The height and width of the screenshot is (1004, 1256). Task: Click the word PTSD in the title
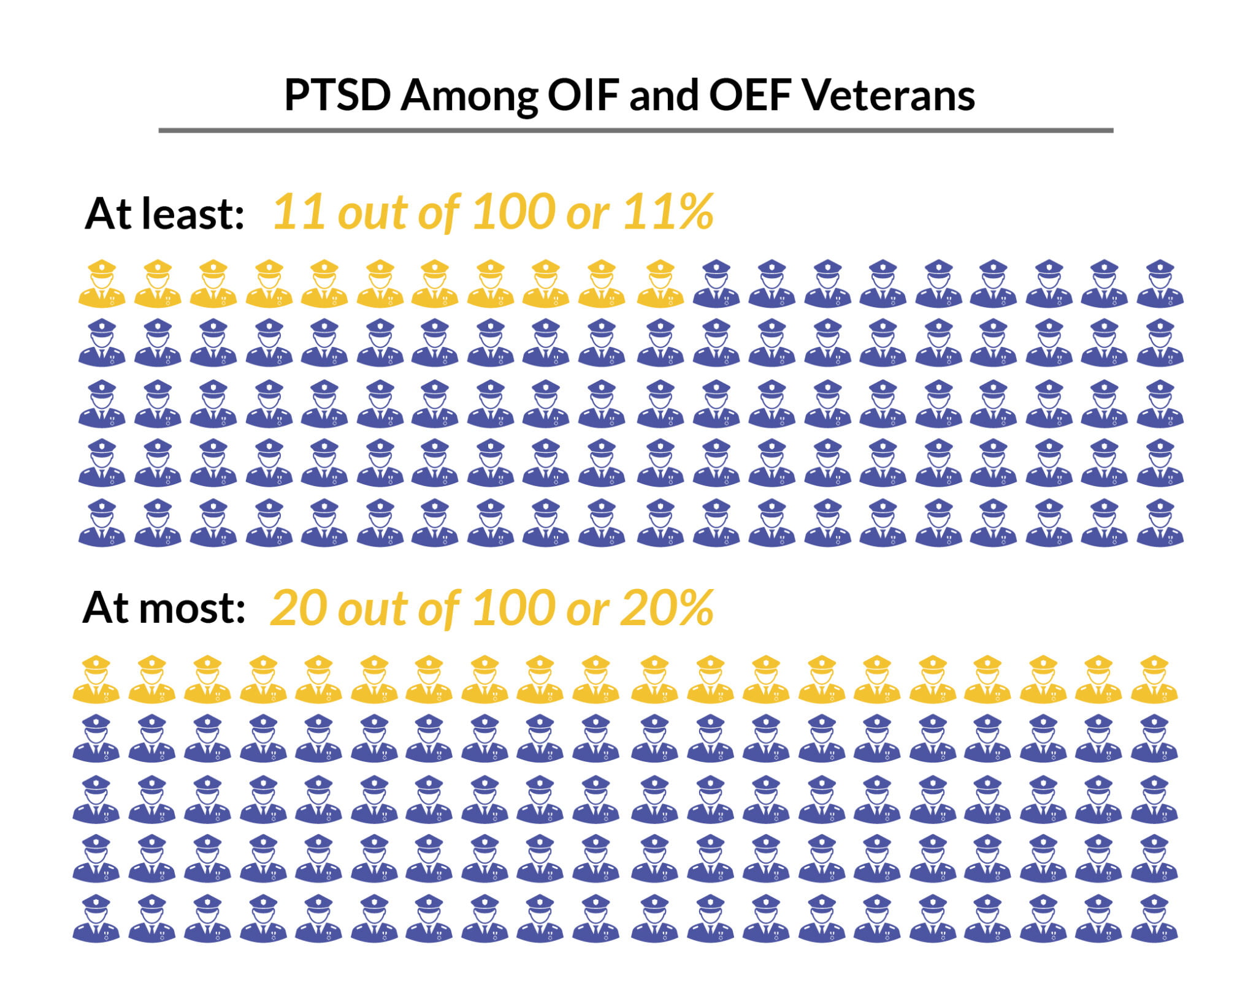click(338, 96)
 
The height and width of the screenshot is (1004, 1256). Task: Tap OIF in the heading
click(583, 96)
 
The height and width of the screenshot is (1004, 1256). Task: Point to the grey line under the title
click(635, 131)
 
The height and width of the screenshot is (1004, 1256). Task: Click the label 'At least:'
click(164, 214)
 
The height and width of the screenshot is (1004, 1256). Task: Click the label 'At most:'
click(164, 608)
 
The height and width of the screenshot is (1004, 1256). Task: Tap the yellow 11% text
click(668, 212)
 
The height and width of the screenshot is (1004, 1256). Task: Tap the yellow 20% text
click(667, 608)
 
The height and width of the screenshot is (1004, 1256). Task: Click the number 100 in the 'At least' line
click(513, 212)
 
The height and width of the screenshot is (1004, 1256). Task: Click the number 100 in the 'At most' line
click(513, 608)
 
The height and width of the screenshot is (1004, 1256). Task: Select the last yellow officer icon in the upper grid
click(660, 284)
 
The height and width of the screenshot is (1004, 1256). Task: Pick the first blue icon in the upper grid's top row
click(716, 284)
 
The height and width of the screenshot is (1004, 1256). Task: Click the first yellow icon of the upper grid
click(102, 284)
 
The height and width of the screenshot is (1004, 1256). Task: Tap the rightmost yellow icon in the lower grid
click(1154, 679)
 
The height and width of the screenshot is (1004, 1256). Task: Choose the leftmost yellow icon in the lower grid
click(96, 679)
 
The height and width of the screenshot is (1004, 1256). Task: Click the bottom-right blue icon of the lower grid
click(1154, 918)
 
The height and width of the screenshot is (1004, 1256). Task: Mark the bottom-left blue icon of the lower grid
click(96, 918)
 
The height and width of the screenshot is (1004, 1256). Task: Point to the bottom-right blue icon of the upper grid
click(1160, 523)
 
